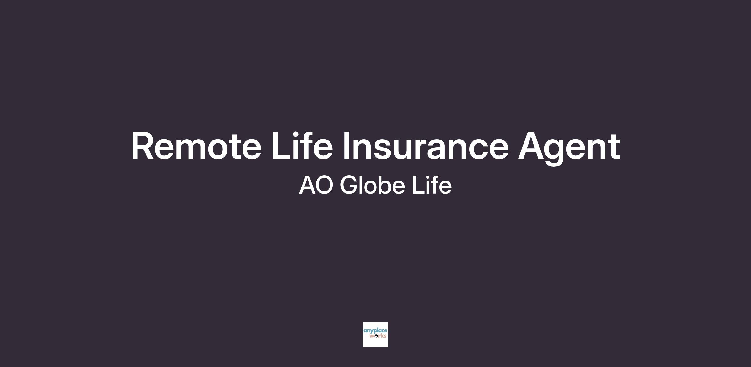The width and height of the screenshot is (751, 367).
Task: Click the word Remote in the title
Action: (x=196, y=146)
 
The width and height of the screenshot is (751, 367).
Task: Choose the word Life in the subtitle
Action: (x=432, y=185)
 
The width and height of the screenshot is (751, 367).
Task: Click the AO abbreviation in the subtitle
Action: (x=316, y=185)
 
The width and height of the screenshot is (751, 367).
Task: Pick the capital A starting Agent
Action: (x=532, y=146)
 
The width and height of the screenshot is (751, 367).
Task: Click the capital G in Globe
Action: (x=349, y=185)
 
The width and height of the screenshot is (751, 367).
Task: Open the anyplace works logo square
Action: (x=375, y=334)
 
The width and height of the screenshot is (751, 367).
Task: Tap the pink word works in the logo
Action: (x=378, y=336)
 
